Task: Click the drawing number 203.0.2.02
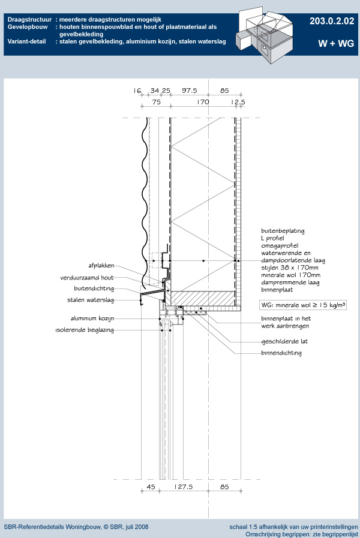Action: coord(332,21)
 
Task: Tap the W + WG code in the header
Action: coord(336,44)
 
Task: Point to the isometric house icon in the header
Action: coord(265,35)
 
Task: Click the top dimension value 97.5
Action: coord(190,91)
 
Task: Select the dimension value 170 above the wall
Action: coord(203,102)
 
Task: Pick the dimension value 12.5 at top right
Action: coord(238,102)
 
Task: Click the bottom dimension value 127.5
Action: coord(183,486)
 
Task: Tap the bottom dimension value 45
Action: coord(151,486)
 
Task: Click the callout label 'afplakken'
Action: coord(101,266)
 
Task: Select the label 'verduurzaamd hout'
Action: coord(87,278)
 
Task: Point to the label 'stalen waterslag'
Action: coord(90,300)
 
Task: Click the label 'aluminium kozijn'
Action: coord(92,318)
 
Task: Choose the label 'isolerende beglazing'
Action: coord(85,330)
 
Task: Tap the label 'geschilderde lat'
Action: coord(284,341)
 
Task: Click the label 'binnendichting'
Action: coord(281,353)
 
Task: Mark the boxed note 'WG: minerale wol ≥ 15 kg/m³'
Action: coord(303,305)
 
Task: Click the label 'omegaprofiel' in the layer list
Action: coord(280,246)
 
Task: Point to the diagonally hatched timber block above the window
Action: coord(203,299)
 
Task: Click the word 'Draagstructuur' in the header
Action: coord(29,20)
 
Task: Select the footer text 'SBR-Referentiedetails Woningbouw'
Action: coord(52,527)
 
